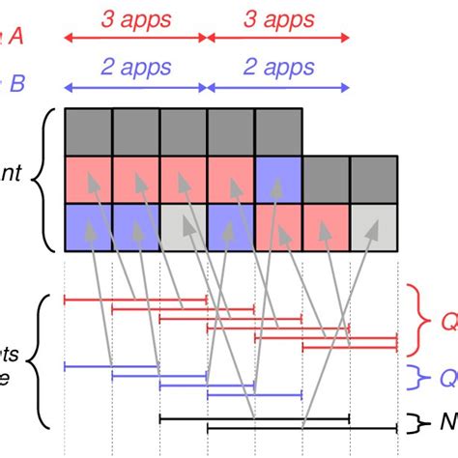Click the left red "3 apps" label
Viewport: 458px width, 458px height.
[x=135, y=19]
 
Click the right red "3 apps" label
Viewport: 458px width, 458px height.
[x=278, y=19]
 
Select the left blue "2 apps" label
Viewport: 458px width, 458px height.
[x=135, y=68]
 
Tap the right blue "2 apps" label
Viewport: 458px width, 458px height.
[x=278, y=68]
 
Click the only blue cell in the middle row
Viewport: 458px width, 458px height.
[x=278, y=179]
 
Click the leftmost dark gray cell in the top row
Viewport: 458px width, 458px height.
[x=88, y=131]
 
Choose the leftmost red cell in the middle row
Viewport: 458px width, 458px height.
[x=88, y=179]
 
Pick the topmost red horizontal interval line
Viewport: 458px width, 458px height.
[x=135, y=301]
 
